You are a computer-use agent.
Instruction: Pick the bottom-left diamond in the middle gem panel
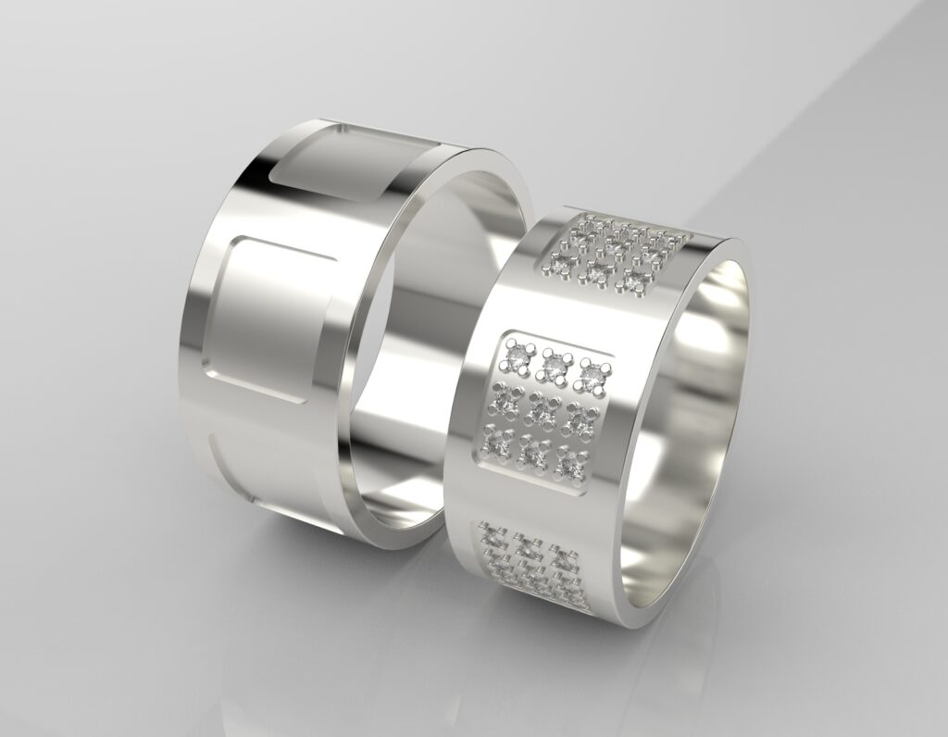pyautogui.click(x=495, y=445)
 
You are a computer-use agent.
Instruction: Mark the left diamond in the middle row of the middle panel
pyautogui.click(x=506, y=400)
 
